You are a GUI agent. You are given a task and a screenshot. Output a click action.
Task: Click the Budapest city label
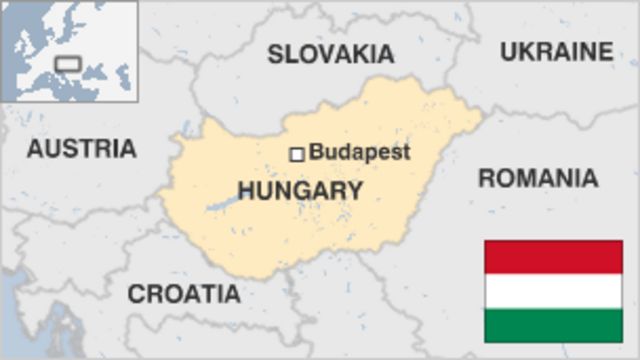click(359, 152)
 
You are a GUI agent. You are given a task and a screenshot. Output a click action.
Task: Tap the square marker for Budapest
click(296, 154)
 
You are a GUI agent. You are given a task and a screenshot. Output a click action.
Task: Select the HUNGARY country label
click(300, 190)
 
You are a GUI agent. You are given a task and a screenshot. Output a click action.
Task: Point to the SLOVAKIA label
click(330, 54)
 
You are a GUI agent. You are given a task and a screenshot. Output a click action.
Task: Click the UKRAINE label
click(556, 52)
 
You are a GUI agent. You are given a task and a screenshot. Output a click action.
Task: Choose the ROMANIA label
click(538, 179)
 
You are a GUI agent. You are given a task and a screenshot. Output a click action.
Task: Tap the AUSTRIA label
click(81, 149)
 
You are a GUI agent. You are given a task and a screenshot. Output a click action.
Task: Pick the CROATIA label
click(184, 294)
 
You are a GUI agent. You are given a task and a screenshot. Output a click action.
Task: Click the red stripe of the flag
click(553, 257)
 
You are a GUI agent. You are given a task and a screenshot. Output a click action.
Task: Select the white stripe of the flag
click(553, 291)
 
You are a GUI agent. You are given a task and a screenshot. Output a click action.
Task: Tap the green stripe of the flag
click(553, 325)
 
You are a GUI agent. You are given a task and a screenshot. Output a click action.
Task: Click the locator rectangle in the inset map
click(68, 63)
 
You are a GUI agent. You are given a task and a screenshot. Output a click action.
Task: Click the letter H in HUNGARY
click(246, 190)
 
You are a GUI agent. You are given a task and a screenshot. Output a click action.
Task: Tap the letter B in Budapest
click(315, 152)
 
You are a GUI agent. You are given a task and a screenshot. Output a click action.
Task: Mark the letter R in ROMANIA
click(486, 179)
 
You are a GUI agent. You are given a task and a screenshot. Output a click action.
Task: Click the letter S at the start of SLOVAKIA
click(273, 54)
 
